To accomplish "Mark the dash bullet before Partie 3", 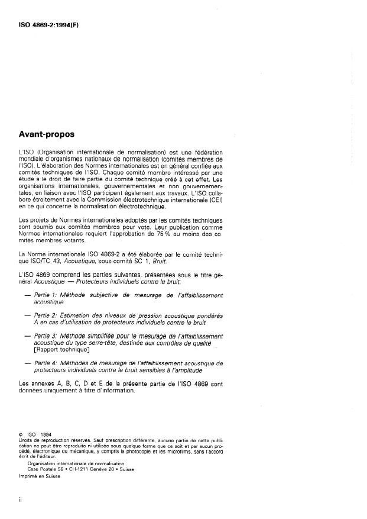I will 27,336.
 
